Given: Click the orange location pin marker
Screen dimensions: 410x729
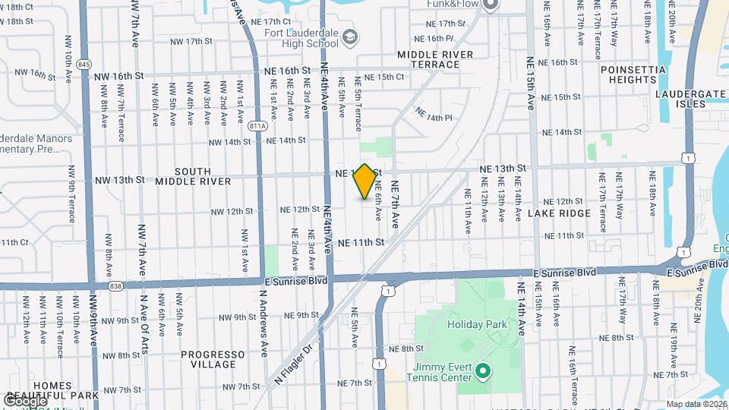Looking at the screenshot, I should point(365,182).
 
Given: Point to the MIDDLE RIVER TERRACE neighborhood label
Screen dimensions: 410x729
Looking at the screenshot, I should point(435,59).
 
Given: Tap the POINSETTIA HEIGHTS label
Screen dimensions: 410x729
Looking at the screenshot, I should point(633,74).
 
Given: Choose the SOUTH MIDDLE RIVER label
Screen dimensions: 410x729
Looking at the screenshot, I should point(193,176).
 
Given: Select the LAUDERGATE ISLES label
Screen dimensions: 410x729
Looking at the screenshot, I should point(690,99).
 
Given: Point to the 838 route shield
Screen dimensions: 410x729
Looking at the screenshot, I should point(115,285).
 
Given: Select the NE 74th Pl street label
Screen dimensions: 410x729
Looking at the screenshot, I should point(434,114).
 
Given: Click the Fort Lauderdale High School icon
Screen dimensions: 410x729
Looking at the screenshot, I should point(350,36).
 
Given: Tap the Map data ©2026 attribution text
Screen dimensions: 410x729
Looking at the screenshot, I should point(696,404).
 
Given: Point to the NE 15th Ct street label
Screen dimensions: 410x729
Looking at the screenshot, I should point(383,77).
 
